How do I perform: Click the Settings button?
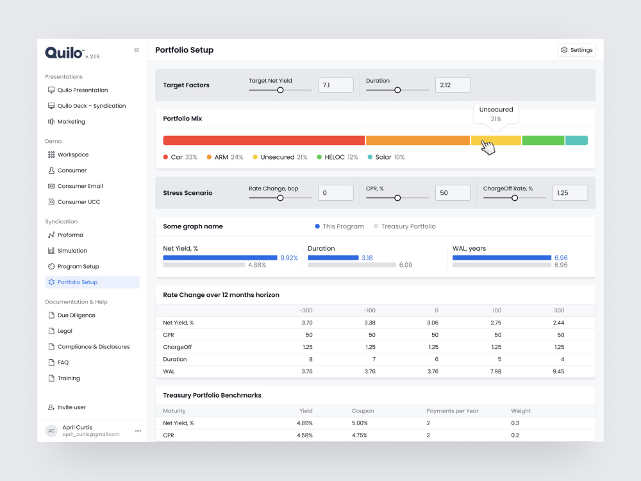pos(576,50)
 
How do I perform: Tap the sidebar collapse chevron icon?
pos(137,50)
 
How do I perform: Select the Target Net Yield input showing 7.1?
pos(336,85)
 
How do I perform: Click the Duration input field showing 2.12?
pos(453,85)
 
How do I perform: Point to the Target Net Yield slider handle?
pos(281,90)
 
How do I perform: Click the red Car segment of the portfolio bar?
pos(264,140)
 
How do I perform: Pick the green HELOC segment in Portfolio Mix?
pos(544,140)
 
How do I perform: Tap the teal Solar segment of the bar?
pos(577,140)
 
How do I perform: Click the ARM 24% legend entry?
pos(225,157)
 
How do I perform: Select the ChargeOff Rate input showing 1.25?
pos(570,192)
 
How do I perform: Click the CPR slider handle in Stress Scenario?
pos(397,198)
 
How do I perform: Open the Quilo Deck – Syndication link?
pos(87,106)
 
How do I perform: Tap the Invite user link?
pos(67,407)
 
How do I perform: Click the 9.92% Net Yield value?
pos(289,258)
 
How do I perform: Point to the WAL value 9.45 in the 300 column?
pos(558,371)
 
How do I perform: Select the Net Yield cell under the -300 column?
pos(307,323)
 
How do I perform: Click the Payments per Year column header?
pos(452,411)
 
